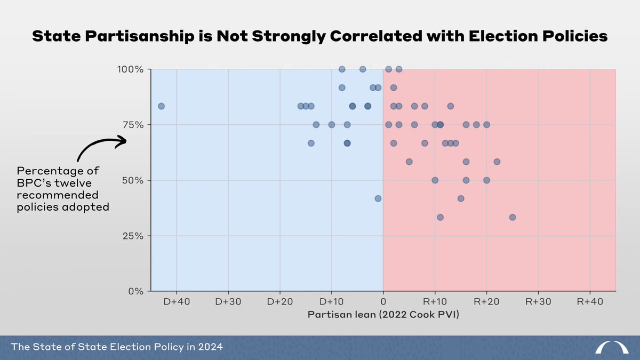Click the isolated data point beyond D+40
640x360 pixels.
(161, 106)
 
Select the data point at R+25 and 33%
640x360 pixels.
(512, 217)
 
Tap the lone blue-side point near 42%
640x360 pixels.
(378, 198)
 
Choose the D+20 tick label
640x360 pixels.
(280, 301)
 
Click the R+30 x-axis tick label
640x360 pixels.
(538, 301)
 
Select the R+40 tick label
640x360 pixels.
(589, 301)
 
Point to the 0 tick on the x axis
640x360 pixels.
(383, 301)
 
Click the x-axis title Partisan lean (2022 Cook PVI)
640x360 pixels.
(383, 315)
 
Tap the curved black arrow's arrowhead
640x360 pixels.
(122, 141)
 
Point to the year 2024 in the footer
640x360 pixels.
(211, 347)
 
